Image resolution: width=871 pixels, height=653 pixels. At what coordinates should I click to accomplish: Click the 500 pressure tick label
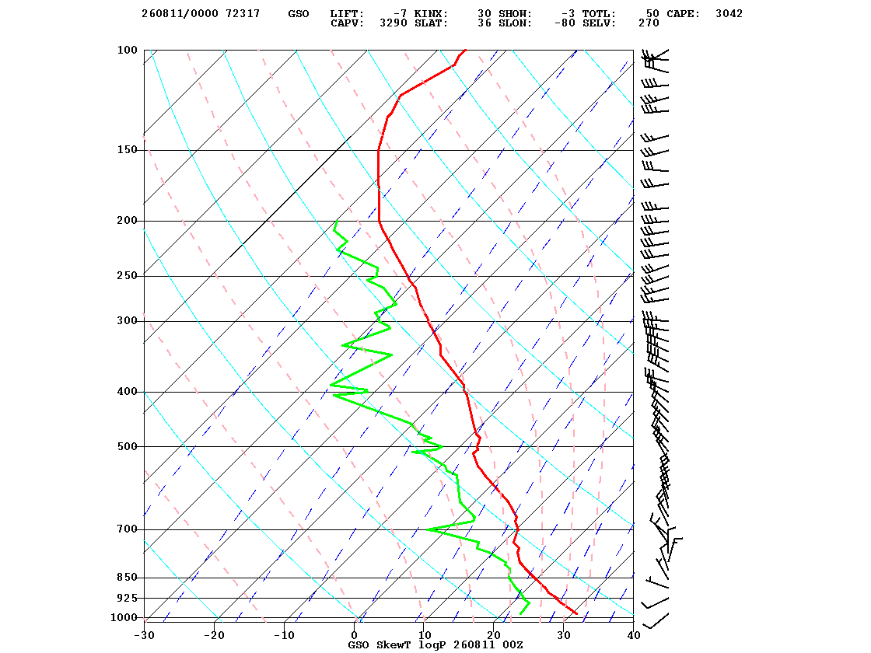[128, 446]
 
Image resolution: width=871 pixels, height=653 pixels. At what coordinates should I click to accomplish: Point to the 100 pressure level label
[128, 50]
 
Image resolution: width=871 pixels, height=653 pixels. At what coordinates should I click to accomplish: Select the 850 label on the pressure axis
[128, 578]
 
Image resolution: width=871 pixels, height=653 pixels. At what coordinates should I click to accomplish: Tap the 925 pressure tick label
[128, 598]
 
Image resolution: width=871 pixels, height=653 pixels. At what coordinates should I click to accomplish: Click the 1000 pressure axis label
[124, 617]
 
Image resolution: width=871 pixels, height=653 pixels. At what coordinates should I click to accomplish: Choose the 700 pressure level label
[128, 529]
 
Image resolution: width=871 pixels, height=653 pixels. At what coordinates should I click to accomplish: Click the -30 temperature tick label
[145, 635]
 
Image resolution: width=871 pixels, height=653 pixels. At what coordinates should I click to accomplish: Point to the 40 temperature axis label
[634, 635]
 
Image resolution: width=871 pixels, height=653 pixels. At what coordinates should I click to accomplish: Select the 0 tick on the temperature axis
[355, 635]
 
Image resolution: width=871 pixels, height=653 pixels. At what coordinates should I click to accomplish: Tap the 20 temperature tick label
[494, 635]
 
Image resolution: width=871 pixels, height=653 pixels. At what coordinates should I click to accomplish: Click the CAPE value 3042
[729, 14]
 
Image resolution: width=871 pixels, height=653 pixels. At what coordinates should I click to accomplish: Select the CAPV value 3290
[394, 23]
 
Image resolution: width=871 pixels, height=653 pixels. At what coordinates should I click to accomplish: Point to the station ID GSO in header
[299, 14]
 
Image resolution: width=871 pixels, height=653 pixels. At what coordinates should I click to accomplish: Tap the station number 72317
[243, 14]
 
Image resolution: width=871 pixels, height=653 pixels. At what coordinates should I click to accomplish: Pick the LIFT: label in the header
[347, 14]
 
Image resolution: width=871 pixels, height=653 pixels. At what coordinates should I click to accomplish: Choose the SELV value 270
[649, 23]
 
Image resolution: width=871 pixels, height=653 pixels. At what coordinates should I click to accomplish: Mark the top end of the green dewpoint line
[337, 221]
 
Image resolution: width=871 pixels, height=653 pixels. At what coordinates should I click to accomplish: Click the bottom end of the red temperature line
[577, 613]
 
